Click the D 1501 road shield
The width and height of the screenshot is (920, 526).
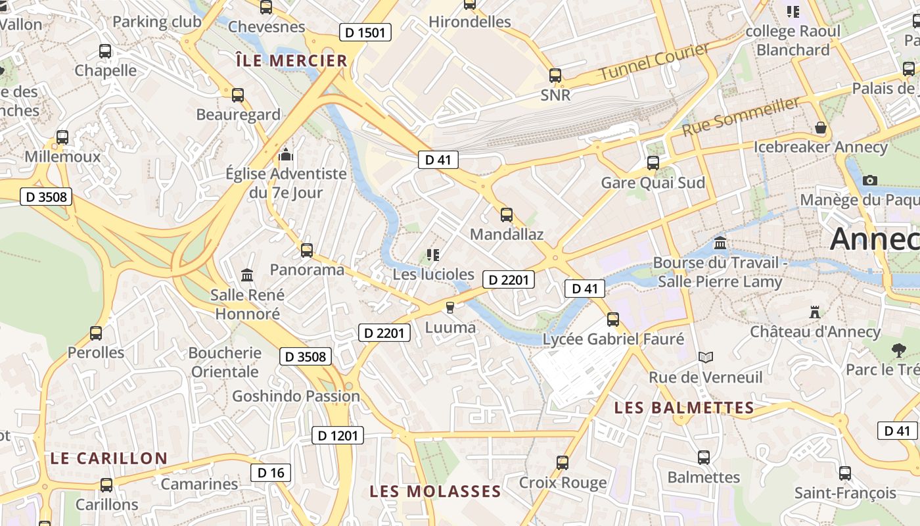[x=365, y=32]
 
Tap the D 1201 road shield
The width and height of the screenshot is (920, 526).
[x=337, y=435]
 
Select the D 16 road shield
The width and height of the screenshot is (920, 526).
[x=271, y=473]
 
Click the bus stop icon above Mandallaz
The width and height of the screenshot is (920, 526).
[x=506, y=214]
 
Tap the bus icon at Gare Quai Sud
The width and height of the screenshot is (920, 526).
[x=653, y=162]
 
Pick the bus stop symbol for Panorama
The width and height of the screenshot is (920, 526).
[x=306, y=250]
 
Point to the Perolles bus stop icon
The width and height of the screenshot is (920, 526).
[x=96, y=333]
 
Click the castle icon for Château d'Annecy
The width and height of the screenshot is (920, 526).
[x=816, y=312]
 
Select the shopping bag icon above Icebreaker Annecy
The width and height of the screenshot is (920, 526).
[x=820, y=127]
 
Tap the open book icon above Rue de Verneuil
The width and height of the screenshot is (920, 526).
[x=706, y=357]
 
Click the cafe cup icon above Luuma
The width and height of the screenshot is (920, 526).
[x=450, y=307]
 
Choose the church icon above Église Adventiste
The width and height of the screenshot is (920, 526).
[x=285, y=155]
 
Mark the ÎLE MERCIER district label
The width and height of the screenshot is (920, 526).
[x=291, y=61]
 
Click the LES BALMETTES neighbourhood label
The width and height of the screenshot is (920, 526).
[x=684, y=408]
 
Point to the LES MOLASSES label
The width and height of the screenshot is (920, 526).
[x=435, y=491]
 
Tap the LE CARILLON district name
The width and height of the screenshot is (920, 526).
[x=109, y=458]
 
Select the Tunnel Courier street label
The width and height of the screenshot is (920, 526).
[x=655, y=62]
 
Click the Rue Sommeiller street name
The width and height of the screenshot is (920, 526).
[x=741, y=116]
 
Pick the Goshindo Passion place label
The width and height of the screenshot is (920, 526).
[x=296, y=396]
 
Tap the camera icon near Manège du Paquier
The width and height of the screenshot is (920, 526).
[x=870, y=180]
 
